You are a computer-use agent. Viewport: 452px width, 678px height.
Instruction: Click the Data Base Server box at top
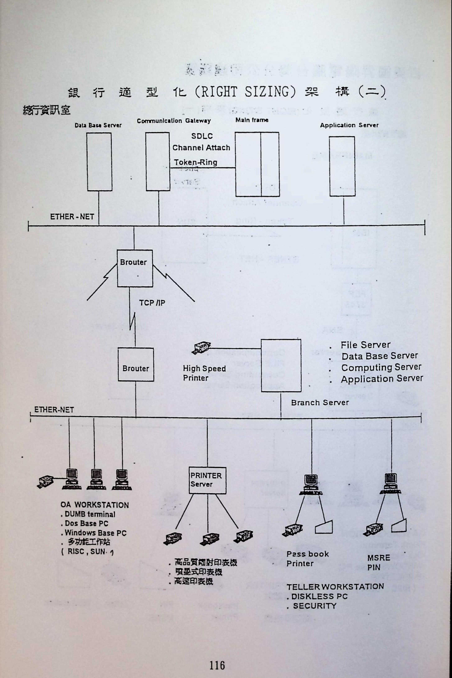(x=99, y=161)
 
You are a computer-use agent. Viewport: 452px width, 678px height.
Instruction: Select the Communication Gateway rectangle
(x=158, y=161)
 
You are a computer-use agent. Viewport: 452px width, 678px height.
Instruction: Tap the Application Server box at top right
(x=342, y=166)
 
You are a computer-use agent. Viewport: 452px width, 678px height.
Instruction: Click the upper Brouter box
(x=135, y=268)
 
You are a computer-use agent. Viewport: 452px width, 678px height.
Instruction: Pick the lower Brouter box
(x=136, y=364)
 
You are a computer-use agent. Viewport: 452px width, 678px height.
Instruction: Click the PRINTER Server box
(x=207, y=480)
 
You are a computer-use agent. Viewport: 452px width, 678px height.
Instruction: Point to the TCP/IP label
(x=152, y=303)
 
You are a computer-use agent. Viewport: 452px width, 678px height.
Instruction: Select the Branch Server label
(x=320, y=403)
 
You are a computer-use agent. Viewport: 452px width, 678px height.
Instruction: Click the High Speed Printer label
(x=204, y=373)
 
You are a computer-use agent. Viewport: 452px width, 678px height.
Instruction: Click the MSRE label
(x=378, y=558)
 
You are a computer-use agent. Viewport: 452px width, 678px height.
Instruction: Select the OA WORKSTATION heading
(x=94, y=505)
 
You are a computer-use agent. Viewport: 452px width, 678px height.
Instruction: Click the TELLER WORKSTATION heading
(x=335, y=587)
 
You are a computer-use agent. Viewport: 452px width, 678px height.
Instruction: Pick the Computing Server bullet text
(x=381, y=368)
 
